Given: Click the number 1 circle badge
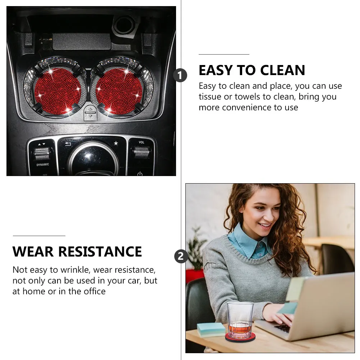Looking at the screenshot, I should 180,75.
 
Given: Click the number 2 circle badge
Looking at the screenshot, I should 181,257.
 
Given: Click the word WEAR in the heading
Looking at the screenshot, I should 33,251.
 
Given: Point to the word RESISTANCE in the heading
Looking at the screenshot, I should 100,251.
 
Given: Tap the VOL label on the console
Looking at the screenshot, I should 142,142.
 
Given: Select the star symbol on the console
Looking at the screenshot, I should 116,143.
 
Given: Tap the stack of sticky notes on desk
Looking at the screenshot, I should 211,329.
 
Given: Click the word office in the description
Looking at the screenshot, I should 94,291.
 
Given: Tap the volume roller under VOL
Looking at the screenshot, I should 142,152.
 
